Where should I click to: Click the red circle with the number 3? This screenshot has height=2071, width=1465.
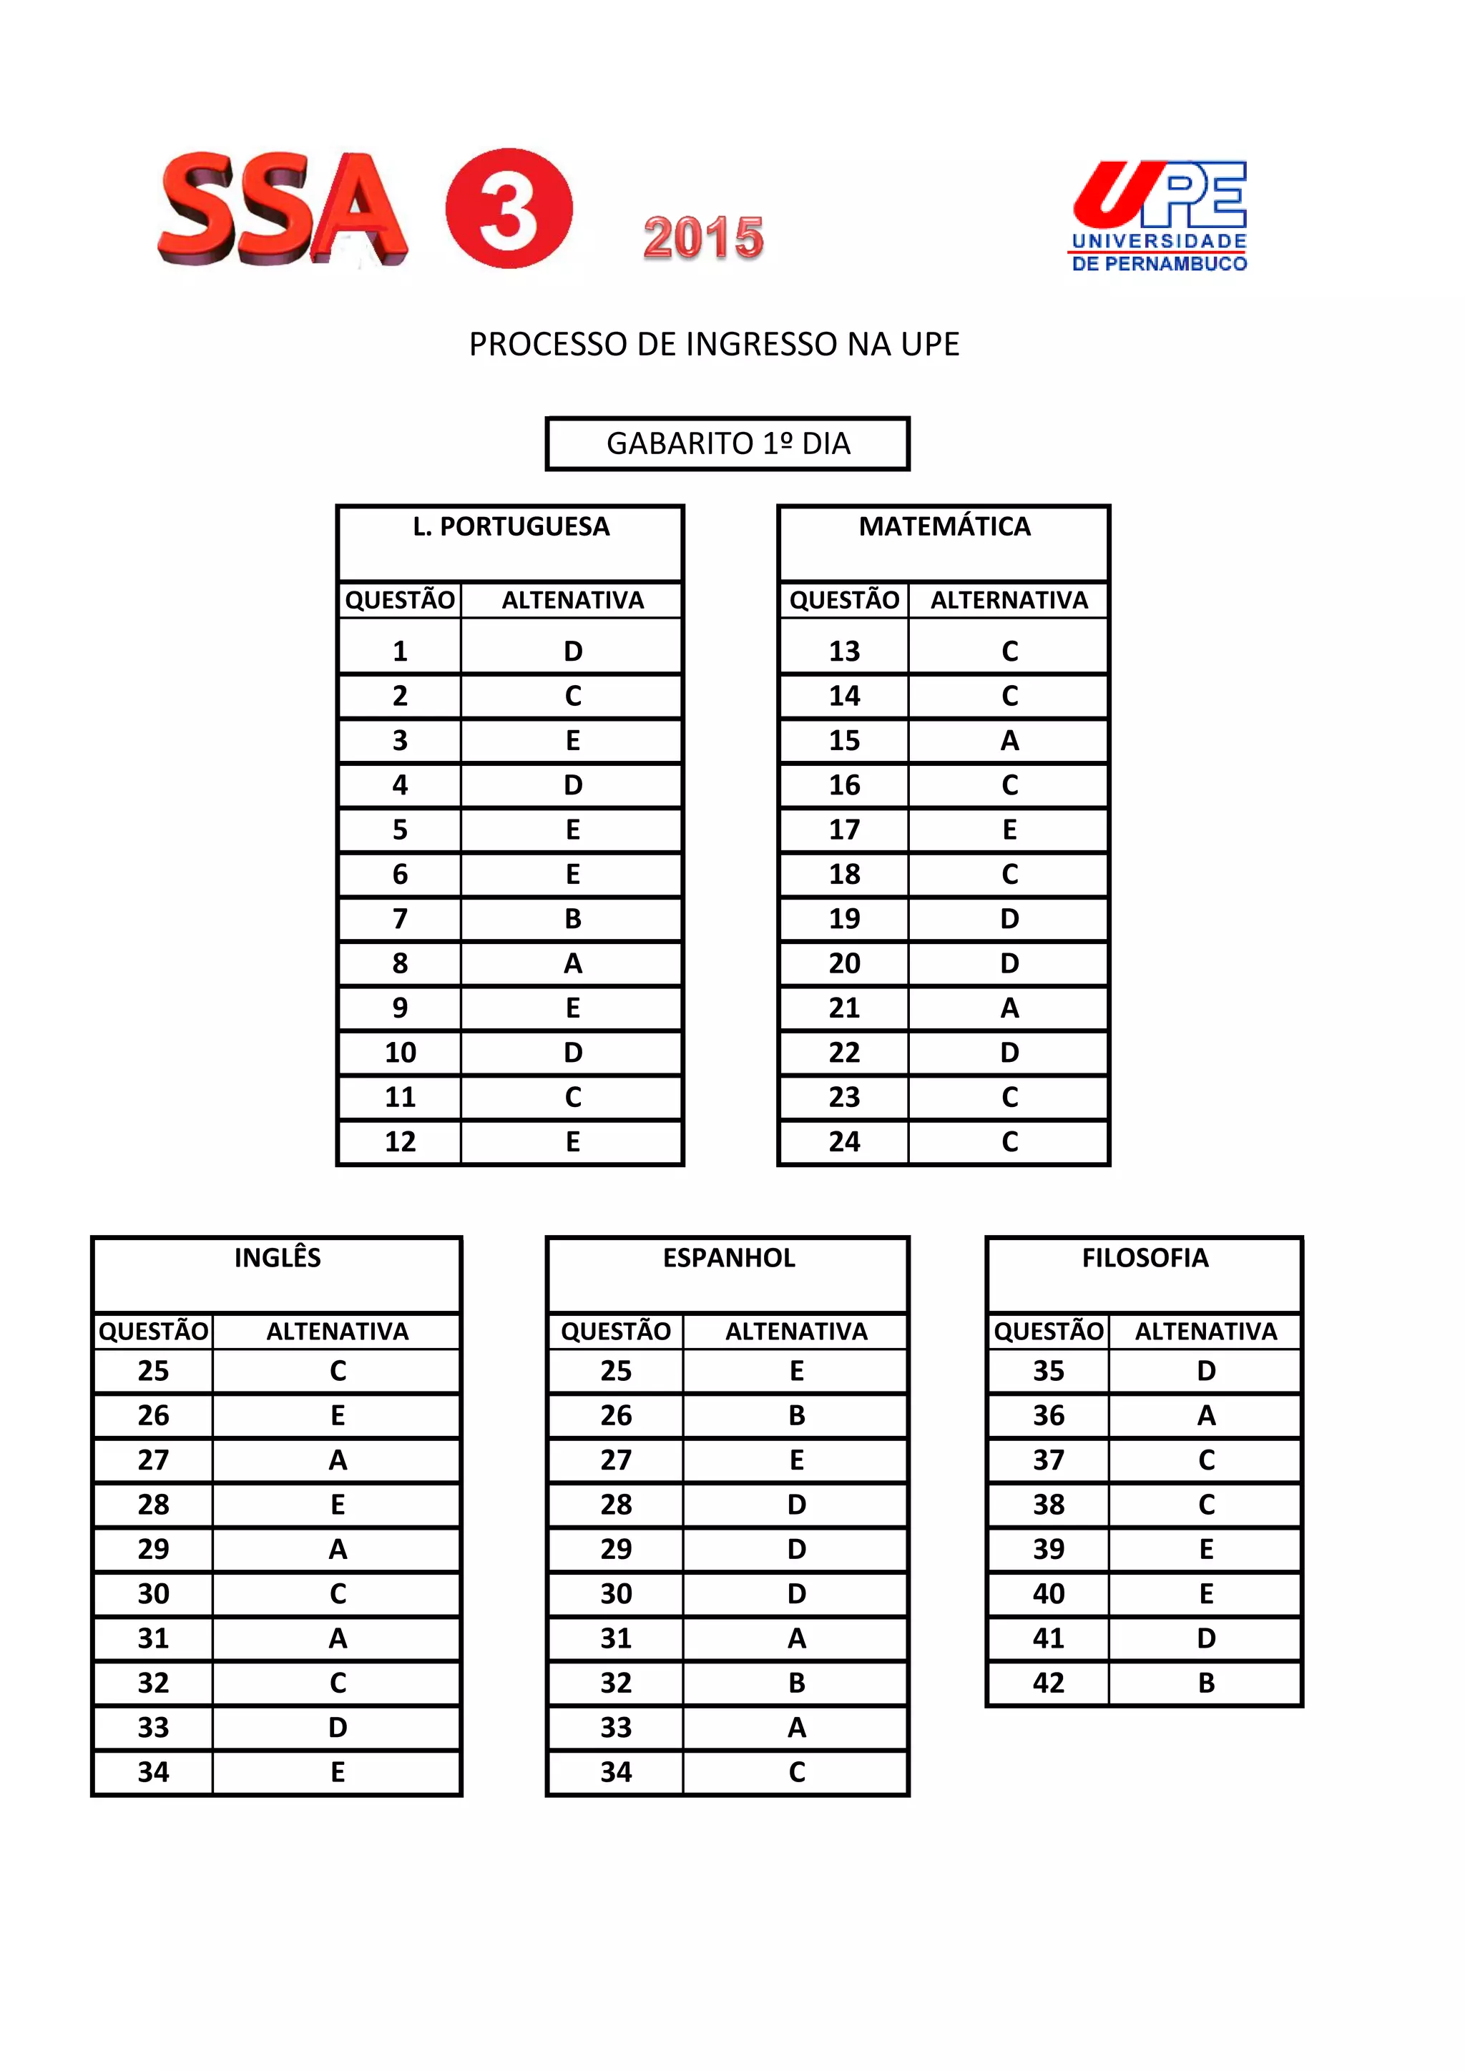coord(509,208)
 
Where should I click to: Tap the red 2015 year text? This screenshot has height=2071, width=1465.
coord(704,238)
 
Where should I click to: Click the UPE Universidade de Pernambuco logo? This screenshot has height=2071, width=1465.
coord(1159,217)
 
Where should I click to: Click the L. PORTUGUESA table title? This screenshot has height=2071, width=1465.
coord(511,527)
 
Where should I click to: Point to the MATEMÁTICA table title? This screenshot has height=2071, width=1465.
coord(944,527)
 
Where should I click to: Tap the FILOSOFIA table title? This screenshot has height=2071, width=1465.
coord(1145,1257)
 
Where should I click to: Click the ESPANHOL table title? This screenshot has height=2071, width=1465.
coord(728,1257)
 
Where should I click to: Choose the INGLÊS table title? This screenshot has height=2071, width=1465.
coord(277,1257)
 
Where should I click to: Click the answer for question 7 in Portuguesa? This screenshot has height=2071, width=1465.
coord(573,919)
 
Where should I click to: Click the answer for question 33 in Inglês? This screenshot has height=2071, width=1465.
coord(338,1727)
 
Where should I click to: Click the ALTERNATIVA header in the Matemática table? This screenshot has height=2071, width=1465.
coord(1009,601)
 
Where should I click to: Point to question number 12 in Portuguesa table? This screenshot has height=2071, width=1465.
coord(401,1142)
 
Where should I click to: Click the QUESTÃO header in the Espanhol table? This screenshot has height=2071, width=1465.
coord(616,1332)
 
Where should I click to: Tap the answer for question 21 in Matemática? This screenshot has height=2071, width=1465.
coord(1009,1008)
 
